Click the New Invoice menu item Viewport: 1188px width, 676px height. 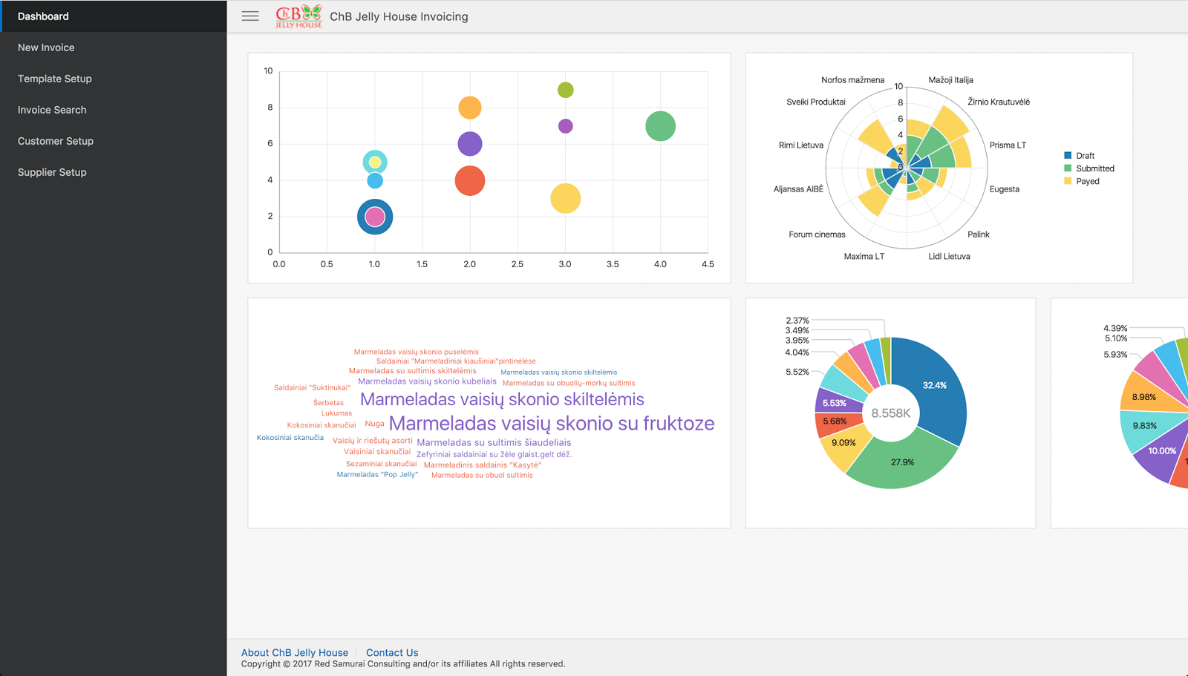click(46, 47)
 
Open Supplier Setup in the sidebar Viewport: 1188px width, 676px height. click(52, 172)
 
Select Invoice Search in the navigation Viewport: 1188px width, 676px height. click(52, 110)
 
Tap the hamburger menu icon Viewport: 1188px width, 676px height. click(250, 16)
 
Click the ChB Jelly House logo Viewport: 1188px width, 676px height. click(298, 16)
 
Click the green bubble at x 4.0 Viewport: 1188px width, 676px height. click(660, 126)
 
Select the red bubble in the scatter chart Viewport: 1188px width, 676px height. click(470, 181)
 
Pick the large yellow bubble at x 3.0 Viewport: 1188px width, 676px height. click(565, 199)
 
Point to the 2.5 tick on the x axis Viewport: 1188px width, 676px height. click(518, 264)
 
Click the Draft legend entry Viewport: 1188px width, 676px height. click(1084, 156)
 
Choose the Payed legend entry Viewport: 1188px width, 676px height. click(1087, 181)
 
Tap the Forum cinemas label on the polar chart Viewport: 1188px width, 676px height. click(817, 234)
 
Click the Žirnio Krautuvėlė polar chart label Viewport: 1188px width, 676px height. click(999, 102)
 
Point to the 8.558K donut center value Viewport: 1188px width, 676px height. click(890, 413)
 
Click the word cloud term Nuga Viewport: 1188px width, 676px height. click(374, 424)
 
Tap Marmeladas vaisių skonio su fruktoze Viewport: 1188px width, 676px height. click(552, 424)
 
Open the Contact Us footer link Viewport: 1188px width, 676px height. click(392, 653)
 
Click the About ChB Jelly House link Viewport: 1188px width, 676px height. click(295, 653)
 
